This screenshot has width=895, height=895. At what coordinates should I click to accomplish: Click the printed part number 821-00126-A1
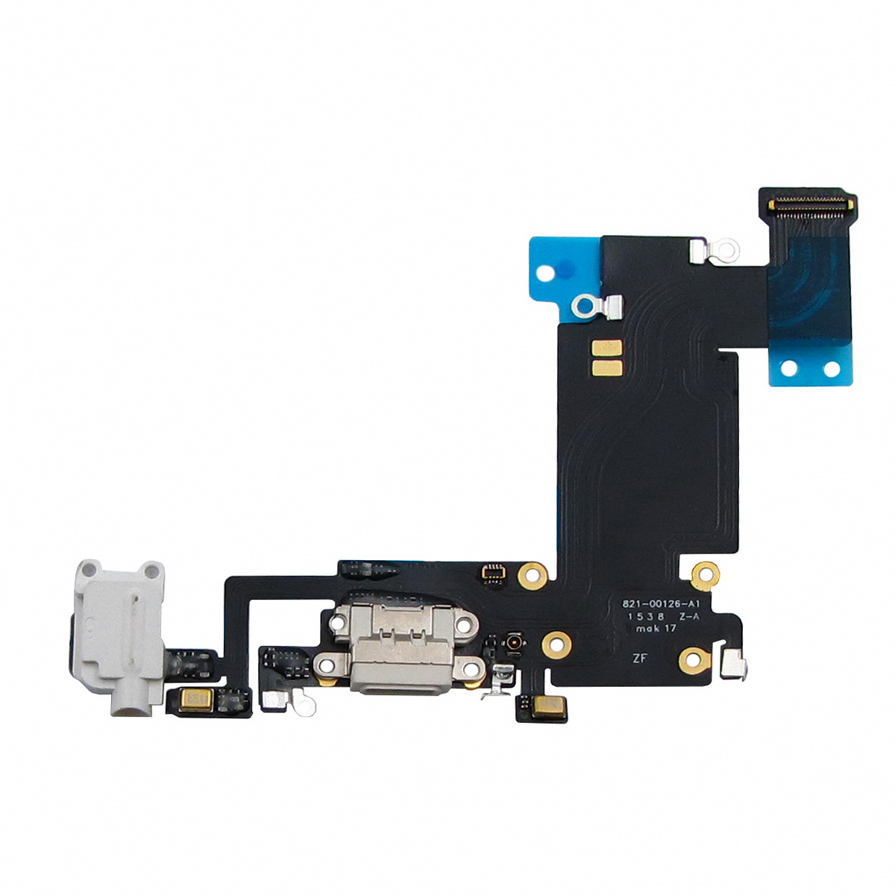click(x=660, y=604)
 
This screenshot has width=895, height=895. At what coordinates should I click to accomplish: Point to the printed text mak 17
click(x=650, y=629)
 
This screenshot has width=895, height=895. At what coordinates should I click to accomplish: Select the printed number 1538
click(x=646, y=616)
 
